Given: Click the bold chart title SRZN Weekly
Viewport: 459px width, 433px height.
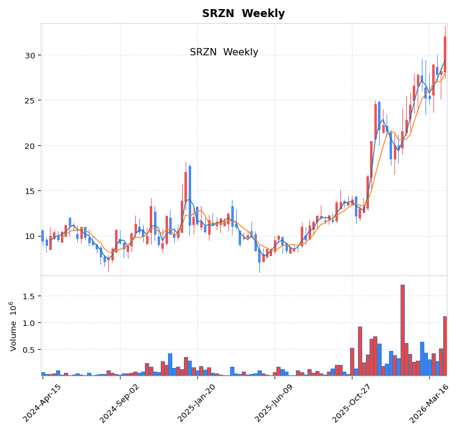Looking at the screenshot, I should pos(244,13).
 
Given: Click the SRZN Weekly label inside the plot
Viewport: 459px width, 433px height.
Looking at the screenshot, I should pos(224,52).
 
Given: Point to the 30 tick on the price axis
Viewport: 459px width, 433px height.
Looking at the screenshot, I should pos(30,55).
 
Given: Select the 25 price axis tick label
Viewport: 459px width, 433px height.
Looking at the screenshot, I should pos(30,100).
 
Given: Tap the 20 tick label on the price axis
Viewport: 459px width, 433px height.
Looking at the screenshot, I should pos(30,146).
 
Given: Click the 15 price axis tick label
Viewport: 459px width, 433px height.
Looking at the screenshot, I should pos(30,191).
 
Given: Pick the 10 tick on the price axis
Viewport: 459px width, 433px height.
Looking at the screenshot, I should pos(30,236).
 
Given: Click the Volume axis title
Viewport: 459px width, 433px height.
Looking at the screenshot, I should pos(13,326).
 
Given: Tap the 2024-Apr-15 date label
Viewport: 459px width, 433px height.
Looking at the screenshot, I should pos(43,403).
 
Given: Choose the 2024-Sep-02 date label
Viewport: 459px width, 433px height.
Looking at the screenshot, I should pos(120,403).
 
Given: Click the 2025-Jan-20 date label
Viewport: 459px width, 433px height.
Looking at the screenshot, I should pos(197,403).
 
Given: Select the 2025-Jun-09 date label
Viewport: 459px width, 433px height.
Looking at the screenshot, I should pos(275,403).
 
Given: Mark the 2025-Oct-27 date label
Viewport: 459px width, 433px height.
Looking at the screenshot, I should pos(352,403).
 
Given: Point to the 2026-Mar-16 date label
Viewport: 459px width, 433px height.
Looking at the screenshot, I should pos(429,403).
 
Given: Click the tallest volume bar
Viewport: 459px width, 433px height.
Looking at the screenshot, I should pos(402,330).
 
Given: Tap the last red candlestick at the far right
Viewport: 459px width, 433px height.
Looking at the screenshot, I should pos(445,55).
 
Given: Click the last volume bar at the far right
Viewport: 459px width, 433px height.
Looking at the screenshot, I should pos(445,346).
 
